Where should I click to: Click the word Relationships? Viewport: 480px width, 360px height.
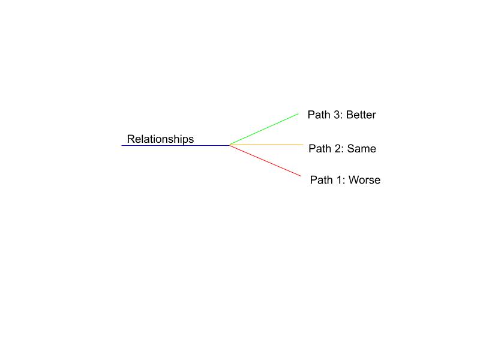(x=160, y=139)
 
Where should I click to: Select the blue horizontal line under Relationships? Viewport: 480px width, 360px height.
(x=176, y=145)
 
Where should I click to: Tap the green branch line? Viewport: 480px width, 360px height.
(x=264, y=129)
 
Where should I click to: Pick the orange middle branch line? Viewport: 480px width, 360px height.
(x=266, y=145)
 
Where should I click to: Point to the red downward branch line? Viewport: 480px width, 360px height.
(x=265, y=161)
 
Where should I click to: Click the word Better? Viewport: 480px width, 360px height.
(x=361, y=115)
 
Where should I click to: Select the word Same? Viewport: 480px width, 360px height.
(x=362, y=149)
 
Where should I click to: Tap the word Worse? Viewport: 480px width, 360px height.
(x=364, y=180)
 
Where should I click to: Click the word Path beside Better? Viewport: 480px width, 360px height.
(x=319, y=115)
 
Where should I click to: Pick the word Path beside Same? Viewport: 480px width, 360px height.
(x=320, y=149)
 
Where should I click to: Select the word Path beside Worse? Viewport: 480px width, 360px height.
(x=322, y=180)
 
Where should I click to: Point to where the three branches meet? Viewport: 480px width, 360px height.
(x=230, y=145)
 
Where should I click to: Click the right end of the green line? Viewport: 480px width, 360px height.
(x=298, y=114)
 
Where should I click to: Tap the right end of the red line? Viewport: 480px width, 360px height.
(x=301, y=176)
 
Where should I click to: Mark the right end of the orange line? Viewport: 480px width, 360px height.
(x=303, y=145)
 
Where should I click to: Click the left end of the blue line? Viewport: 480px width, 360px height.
(x=122, y=145)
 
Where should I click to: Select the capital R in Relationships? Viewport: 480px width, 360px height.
(x=131, y=139)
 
